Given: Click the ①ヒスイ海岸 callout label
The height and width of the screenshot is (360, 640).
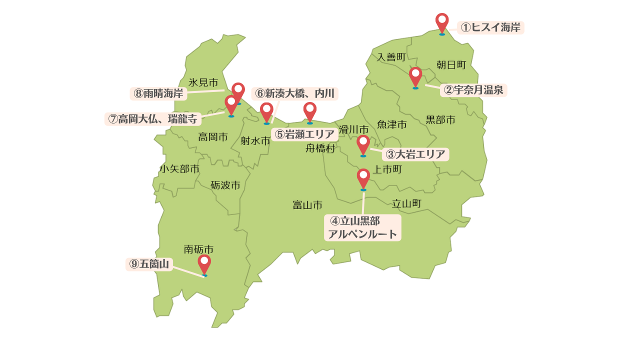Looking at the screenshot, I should click(x=490, y=27).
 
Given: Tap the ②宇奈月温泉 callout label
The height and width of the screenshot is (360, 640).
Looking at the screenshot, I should click(x=473, y=90).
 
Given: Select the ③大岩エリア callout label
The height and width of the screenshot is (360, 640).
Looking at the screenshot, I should click(x=415, y=154).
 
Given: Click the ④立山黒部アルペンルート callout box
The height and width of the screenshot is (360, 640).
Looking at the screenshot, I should click(x=362, y=227).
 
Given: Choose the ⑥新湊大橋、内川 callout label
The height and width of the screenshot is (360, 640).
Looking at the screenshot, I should click(x=294, y=93).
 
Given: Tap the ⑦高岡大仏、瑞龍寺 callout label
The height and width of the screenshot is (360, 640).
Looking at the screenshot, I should click(x=153, y=119).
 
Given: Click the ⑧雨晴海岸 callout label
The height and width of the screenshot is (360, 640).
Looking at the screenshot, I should click(x=158, y=93).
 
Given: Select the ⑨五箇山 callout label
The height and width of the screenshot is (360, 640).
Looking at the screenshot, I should click(x=149, y=264).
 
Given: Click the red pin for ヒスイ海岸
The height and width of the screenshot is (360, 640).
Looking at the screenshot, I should click(x=442, y=22).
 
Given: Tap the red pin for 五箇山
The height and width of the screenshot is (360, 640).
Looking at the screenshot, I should click(x=204, y=263).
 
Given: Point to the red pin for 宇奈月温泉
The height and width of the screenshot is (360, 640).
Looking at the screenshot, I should click(x=415, y=76).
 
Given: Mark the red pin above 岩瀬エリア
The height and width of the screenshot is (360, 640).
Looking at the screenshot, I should click(x=310, y=111).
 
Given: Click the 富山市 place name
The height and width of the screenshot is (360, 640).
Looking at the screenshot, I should click(x=307, y=205).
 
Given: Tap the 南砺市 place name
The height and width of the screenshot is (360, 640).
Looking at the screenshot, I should click(x=198, y=248).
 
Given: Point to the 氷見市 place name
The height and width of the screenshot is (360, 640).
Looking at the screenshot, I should click(x=203, y=82).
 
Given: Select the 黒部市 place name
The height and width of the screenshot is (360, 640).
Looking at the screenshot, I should click(x=440, y=120).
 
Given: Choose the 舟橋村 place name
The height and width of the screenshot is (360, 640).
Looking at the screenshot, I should click(x=320, y=148).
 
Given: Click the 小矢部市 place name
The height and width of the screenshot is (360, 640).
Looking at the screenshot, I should click(x=179, y=169).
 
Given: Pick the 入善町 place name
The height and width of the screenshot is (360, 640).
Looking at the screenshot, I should click(x=391, y=57).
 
